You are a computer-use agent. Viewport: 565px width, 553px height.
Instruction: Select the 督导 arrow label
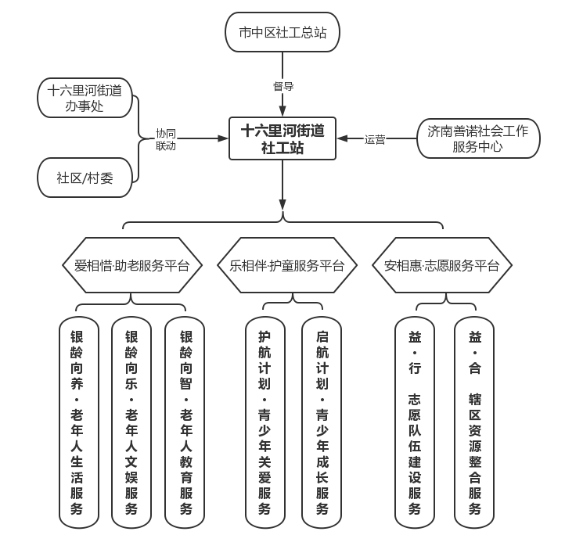(282, 87)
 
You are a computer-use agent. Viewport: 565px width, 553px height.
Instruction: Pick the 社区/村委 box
(85, 178)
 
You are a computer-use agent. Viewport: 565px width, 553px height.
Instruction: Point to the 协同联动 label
(165, 139)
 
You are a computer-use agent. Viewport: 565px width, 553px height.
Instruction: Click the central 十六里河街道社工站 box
(282, 138)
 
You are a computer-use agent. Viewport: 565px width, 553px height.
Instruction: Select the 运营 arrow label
(374, 140)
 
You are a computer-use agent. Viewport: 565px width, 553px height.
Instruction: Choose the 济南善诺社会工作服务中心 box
(477, 139)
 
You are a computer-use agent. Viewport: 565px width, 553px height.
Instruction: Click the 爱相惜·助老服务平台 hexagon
(131, 266)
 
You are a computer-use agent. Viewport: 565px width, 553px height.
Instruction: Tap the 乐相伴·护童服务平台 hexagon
(286, 266)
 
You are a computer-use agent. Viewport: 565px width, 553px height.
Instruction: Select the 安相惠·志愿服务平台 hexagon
(441, 266)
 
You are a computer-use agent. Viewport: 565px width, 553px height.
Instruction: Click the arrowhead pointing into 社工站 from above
(282, 113)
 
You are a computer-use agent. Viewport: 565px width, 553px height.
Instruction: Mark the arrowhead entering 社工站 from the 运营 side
(342, 139)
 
